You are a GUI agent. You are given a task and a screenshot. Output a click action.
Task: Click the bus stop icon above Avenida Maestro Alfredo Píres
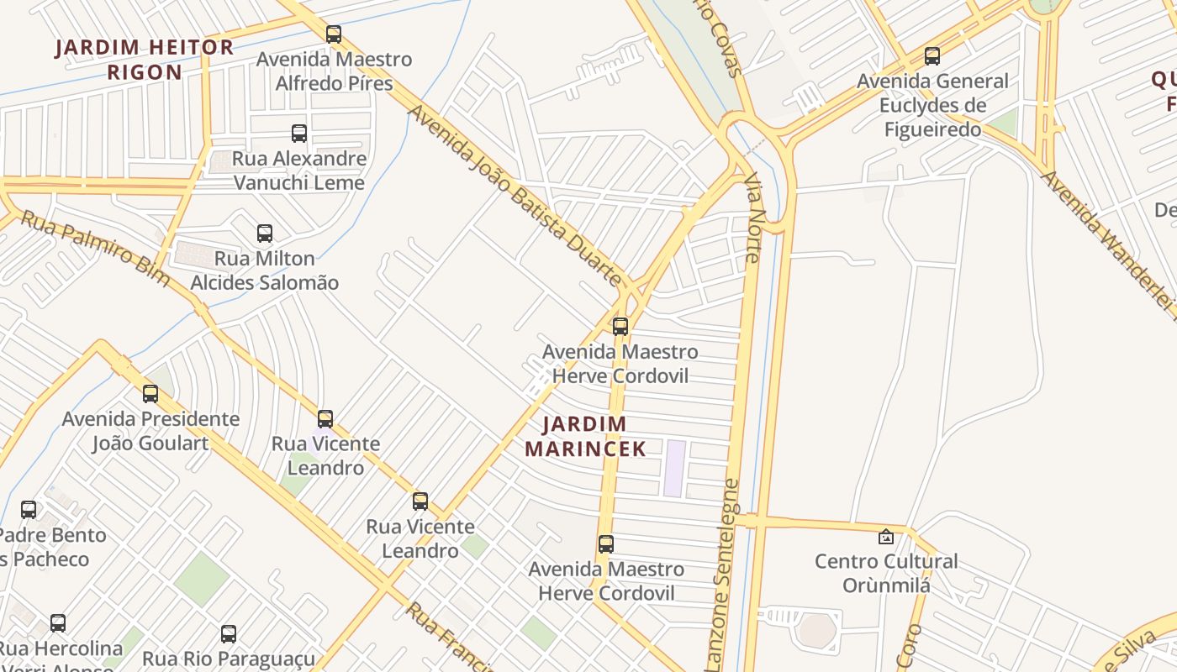pos(334,34)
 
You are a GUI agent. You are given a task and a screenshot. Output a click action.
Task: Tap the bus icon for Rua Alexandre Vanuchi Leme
pos(298,134)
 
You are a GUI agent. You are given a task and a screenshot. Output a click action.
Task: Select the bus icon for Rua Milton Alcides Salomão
pos(265,234)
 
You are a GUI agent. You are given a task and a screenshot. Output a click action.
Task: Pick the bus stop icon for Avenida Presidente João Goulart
pos(150,393)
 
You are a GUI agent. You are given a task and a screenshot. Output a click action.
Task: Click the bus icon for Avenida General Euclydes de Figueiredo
pos(932,56)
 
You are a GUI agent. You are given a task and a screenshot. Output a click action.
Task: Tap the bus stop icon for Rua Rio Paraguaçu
pos(228,634)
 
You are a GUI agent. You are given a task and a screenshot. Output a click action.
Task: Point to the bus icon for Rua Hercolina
pos(57,623)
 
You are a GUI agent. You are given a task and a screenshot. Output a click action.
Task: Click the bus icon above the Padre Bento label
pos(29,509)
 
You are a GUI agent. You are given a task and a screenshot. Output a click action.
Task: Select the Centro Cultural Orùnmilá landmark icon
pos(885,536)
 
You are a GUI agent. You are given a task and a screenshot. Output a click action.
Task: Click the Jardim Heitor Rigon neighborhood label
pos(145,60)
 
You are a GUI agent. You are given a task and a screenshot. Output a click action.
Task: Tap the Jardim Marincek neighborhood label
pos(585,436)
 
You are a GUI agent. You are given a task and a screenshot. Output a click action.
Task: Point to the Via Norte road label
pos(752,218)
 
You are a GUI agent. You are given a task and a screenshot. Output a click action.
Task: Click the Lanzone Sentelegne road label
pos(721,575)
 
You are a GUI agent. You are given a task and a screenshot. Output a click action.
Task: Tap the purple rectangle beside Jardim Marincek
pos(674,468)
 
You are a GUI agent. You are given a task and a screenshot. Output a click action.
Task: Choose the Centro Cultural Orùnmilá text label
pos(886,573)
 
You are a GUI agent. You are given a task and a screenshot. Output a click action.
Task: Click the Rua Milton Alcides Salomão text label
pos(264,270)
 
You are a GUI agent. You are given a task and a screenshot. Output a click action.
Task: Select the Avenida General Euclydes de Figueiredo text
pos(932,105)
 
